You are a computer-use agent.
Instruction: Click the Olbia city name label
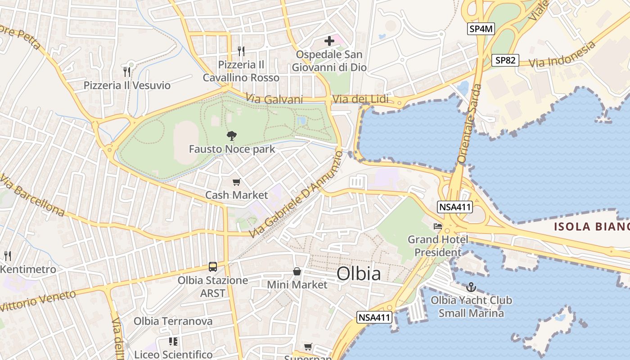(358, 274)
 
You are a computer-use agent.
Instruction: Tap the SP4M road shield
(481, 29)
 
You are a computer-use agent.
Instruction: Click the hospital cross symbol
(329, 41)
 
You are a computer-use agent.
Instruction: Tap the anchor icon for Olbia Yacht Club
(471, 287)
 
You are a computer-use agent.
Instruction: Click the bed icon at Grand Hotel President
(438, 226)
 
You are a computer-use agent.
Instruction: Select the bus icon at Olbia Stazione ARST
(213, 267)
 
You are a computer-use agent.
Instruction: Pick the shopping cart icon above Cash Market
(236, 182)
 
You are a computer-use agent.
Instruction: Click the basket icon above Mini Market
(297, 271)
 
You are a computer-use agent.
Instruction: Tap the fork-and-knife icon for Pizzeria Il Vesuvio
(127, 72)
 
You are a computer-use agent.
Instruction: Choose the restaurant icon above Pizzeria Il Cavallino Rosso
(241, 51)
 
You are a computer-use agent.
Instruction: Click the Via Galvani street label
(274, 99)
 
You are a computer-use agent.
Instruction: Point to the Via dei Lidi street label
(360, 99)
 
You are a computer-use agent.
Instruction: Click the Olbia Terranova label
(173, 321)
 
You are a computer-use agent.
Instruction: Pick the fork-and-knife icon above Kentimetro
(8, 256)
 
